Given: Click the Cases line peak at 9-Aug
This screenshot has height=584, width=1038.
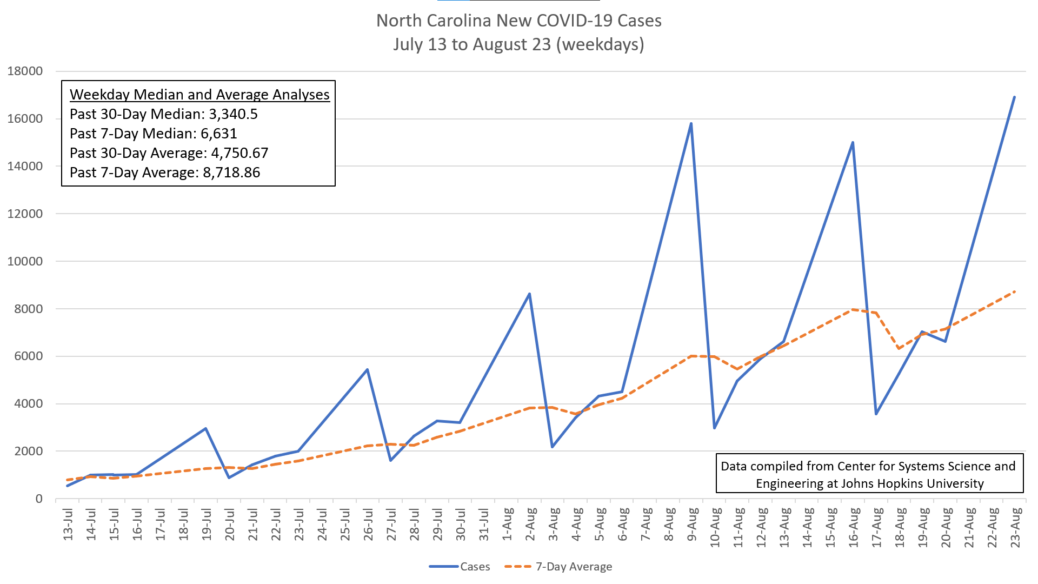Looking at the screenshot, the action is (691, 123).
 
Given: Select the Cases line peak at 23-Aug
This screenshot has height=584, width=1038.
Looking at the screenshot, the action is (1014, 97).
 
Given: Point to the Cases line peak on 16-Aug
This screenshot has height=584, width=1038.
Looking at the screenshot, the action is (853, 142).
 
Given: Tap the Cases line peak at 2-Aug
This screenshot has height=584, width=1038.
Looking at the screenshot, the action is (529, 294).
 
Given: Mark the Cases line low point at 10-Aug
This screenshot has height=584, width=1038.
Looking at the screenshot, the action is (715, 428).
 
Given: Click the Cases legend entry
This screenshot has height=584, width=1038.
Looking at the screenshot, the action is (460, 567).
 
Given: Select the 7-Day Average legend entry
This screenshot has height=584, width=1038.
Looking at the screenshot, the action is (558, 567).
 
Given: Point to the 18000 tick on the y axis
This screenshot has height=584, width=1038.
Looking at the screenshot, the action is (25, 71).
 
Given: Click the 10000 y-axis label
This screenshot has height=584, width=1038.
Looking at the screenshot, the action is (25, 261).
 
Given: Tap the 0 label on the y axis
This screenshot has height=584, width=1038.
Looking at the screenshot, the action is (39, 499).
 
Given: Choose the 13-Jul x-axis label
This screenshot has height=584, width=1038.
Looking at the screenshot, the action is (68, 524).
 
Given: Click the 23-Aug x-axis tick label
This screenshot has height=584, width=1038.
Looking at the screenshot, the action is (1015, 527).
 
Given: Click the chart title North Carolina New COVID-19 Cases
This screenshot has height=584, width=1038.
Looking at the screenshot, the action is (519, 21).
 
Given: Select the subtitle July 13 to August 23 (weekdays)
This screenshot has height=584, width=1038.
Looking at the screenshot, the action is (519, 44).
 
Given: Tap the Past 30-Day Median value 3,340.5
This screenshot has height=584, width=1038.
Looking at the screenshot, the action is (234, 114).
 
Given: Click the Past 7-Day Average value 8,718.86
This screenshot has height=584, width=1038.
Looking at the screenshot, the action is (231, 172).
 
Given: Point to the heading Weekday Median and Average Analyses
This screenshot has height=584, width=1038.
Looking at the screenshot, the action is (199, 95).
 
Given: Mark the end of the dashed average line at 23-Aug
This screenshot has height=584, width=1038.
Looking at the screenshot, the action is (1015, 291).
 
